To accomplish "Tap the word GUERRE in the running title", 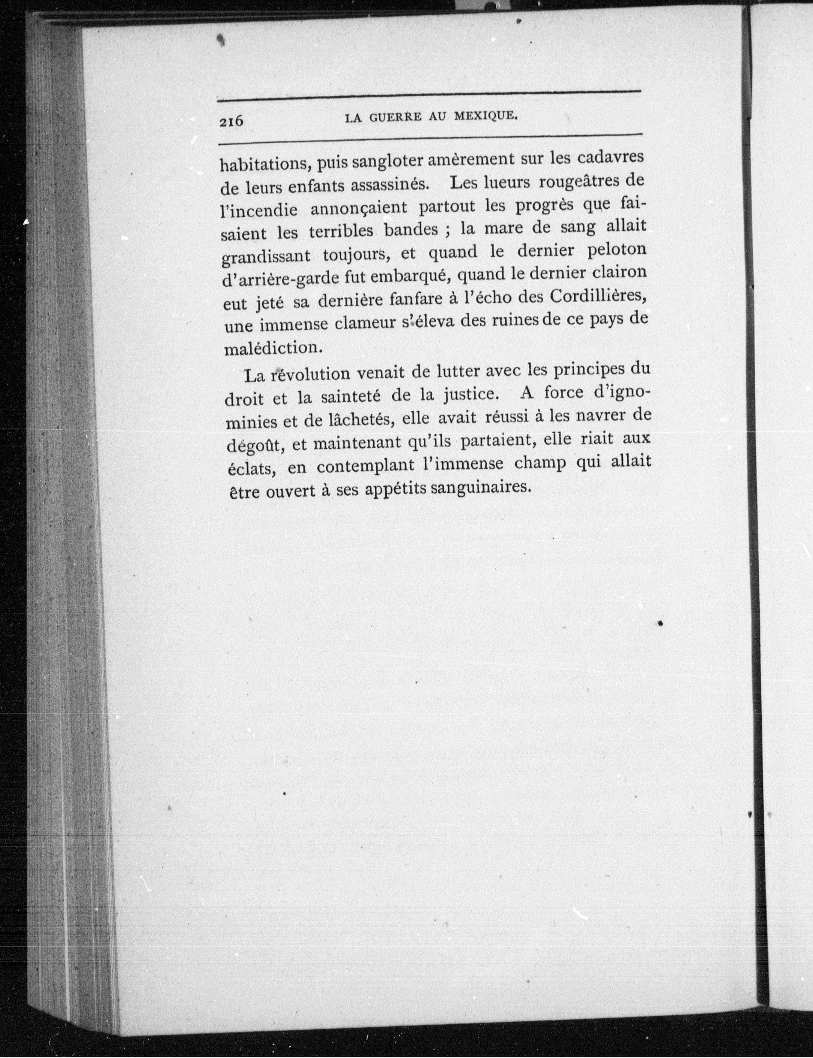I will (x=393, y=117).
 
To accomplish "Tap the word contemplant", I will (x=366, y=466).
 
